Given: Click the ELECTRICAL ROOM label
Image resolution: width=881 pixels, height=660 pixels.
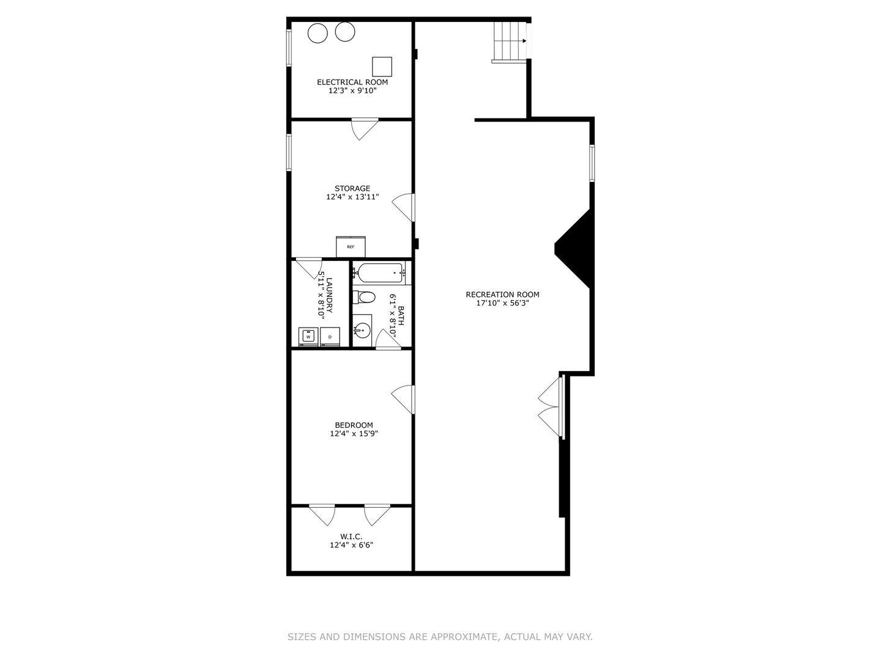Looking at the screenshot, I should tap(352, 82).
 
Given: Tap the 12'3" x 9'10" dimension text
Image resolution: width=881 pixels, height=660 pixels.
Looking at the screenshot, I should tap(352, 90).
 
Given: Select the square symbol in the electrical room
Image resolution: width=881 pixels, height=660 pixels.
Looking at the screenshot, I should tap(382, 67).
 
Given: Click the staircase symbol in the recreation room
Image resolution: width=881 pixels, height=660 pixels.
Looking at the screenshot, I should tap(510, 42).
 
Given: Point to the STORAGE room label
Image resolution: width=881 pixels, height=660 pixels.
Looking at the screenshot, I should tap(352, 188).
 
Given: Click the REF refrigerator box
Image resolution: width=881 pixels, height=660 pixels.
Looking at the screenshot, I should tap(351, 246).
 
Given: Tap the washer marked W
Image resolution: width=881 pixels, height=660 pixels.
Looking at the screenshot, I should tap(308, 336).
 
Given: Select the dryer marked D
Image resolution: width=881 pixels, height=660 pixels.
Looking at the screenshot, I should tap(330, 336).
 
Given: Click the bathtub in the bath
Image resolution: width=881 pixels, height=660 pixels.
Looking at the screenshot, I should tap(380, 273).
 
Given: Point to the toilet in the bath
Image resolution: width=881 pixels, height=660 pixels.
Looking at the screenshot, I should tap(365, 298).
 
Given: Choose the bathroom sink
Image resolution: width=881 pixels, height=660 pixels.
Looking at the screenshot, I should tap(362, 331).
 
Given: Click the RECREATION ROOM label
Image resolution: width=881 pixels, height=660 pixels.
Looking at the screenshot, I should tap(502, 295).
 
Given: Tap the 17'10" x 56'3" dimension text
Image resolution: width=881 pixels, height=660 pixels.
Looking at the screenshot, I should tap(502, 303).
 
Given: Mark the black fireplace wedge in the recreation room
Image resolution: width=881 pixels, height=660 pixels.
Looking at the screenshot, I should tap(575, 248).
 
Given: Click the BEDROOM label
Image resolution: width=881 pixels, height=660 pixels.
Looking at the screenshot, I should tap(354, 425).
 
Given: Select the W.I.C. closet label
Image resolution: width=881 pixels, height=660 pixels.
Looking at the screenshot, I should tap(351, 536).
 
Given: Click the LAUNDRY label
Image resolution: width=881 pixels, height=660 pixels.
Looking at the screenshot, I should tap(329, 295).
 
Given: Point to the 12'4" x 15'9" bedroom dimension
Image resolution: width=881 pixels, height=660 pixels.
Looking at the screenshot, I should tap(354, 434).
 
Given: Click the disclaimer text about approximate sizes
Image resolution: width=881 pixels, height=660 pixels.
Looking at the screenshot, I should tap(440, 637).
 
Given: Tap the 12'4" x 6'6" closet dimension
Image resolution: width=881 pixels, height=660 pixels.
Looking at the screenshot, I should tap(351, 544).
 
